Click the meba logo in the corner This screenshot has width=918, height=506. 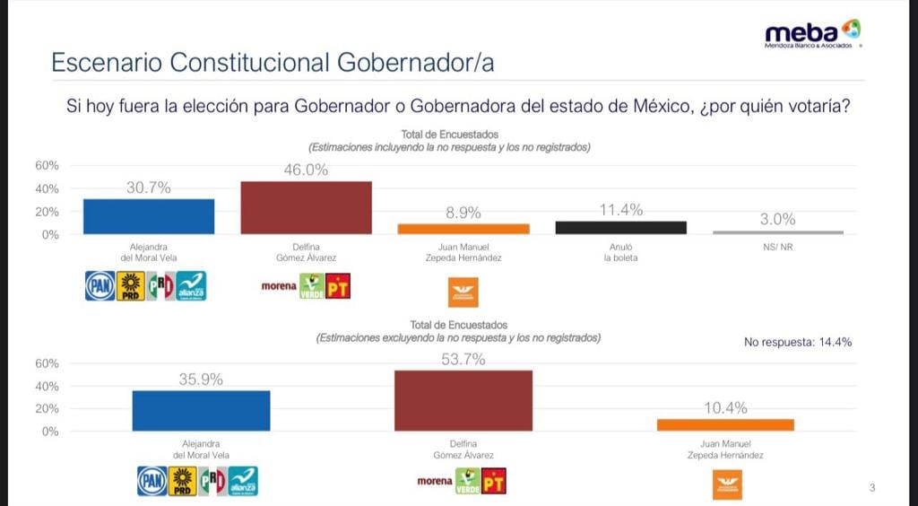(x=812, y=33)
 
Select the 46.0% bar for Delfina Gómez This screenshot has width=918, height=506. (x=306, y=207)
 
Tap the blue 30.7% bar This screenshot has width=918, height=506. (x=149, y=216)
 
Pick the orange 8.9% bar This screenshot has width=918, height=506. (x=463, y=229)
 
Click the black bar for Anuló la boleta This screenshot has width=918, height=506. (x=620, y=228)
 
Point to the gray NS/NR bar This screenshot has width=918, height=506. (x=778, y=232)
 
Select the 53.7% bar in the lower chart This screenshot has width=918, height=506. (x=463, y=401)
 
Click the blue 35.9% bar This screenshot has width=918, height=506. (x=201, y=411)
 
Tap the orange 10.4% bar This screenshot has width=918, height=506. (x=725, y=424)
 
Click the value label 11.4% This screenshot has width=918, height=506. (x=621, y=211)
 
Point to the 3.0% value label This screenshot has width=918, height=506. (x=778, y=219)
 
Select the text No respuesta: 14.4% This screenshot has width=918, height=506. (x=798, y=342)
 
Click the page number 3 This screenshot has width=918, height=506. (x=872, y=488)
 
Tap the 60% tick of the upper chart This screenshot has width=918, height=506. (x=48, y=166)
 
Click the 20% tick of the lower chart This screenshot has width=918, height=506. (x=48, y=408)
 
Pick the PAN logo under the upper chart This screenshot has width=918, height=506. (x=100, y=286)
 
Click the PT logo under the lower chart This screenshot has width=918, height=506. (x=493, y=482)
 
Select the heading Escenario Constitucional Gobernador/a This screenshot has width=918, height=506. (x=273, y=63)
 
